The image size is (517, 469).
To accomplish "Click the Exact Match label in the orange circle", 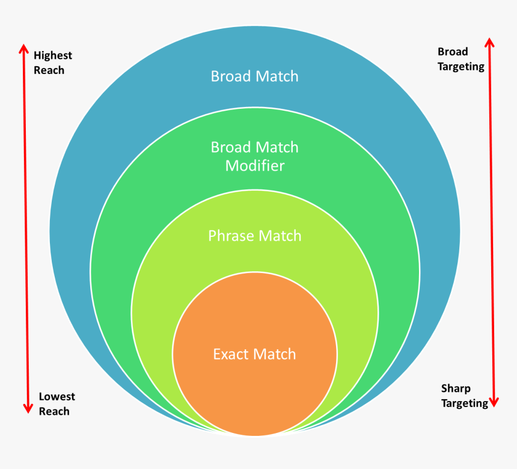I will click(254, 354).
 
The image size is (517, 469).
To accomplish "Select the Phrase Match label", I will click(254, 236).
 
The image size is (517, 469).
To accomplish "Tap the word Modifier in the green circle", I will click(254, 165).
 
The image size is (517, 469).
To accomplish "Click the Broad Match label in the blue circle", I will click(254, 76).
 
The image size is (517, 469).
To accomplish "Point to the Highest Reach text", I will click(52, 63).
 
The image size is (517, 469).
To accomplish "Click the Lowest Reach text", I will click(57, 404).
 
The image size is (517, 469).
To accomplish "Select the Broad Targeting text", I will click(460, 59).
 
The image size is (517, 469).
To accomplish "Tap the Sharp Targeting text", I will click(464, 396).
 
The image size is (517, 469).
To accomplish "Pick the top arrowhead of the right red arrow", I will click(489, 43).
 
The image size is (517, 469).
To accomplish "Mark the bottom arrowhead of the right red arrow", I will click(494, 402).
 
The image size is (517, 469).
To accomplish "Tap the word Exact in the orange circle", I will click(230, 354).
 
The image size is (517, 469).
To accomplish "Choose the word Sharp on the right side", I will click(456, 388).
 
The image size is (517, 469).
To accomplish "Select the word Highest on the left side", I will click(52, 55).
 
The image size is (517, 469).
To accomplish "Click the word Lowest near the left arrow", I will click(57, 397).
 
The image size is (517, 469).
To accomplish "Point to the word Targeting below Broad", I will click(460, 67).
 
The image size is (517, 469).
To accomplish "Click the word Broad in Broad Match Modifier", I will click(230, 147).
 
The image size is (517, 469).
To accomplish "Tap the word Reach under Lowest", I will click(54, 412).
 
